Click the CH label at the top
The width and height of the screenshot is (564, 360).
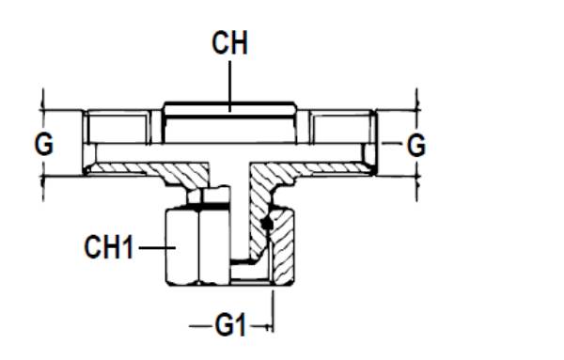[x=229, y=44]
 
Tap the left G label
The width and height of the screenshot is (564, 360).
[x=42, y=145]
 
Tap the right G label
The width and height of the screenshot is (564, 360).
[x=415, y=145]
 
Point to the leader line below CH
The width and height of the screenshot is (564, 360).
[x=230, y=85]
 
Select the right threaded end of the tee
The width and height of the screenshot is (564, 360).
[x=344, y=128]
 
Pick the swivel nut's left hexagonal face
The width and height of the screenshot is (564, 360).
[x=182, y=246]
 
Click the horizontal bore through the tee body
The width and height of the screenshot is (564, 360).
[x=230, y=152]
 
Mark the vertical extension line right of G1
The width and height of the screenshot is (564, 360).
[x=274, y=305]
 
